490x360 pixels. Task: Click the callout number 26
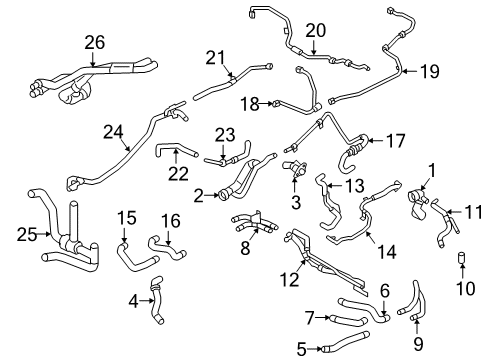pyautogui.click(x=95, y=43)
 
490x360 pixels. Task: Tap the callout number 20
pyautogui.click(x=316, y=31)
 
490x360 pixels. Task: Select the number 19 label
pyautogui.click(x=430, y=71)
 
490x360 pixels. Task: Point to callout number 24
pyautogui.click(x=113, y=132)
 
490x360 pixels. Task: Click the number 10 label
pyautogui.click(x=465, y=288)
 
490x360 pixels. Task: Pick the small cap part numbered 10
pyautogui.click(x=462, y=258)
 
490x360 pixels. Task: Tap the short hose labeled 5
pyautogui.click(x=345, y=341)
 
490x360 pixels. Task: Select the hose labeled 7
pyautogui.click(x=347, y=320)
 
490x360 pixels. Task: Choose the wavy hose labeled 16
pyautogui.click(x=167, y=248)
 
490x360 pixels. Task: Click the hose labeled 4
pyautogui.click(x=156, y=300)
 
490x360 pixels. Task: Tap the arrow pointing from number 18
pyautogui.click(x=267, y=104)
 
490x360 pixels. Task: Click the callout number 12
pyautogui.click(x=289, y=279)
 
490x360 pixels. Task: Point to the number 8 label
pyautogui.click(x=245, y=248)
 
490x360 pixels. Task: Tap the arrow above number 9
pyautogui.click(x=417, y=326)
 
